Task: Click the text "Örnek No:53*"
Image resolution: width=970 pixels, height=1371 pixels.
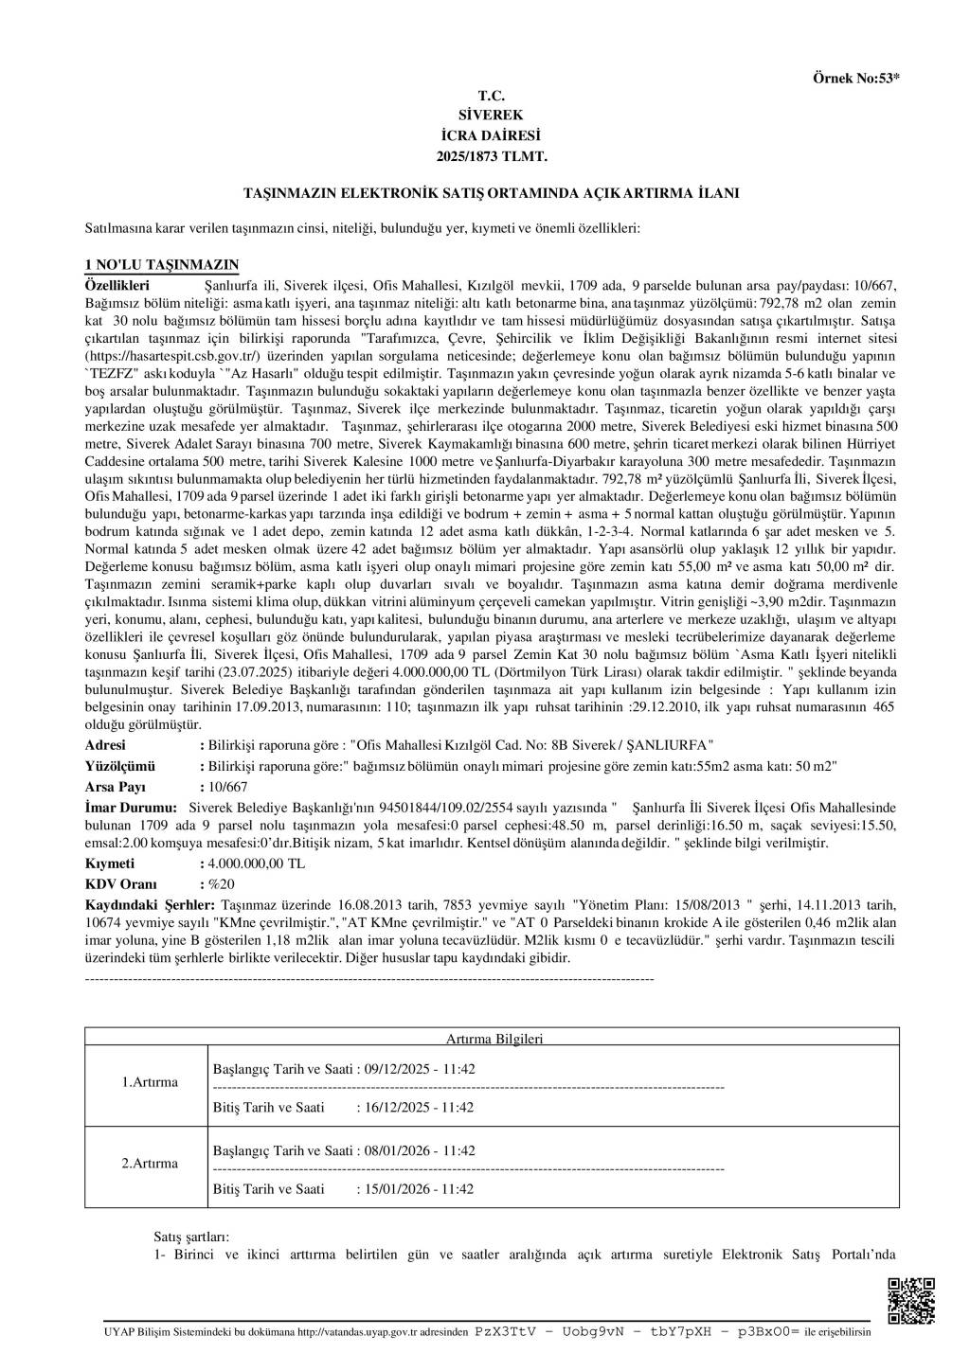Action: [x=855, y=79]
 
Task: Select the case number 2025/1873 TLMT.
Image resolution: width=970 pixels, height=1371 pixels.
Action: [x=492, y=154]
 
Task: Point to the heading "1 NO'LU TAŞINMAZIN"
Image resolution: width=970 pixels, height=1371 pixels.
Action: [x=162, y=264]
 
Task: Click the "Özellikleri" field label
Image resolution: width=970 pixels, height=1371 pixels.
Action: [x=117, y=284]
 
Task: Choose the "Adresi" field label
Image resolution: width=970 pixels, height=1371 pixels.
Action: [x=105, y=745]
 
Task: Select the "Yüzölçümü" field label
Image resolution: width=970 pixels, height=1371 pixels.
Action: [x=120, y=766]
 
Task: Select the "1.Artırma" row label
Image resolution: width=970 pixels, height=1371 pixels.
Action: [x=150, y=1081]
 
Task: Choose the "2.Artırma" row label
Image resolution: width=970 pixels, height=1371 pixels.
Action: [x=150, y=1163]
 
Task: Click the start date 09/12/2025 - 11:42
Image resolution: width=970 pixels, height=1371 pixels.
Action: [x=419, y=1069]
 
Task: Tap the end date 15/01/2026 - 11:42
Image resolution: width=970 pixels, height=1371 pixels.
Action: [x=419, y=1188]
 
